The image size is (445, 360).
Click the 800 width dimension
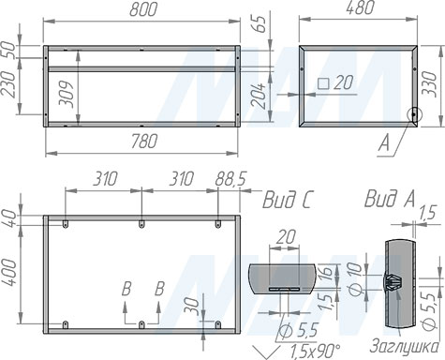tap(142, 9)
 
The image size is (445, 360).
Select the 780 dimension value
tap(143, 141)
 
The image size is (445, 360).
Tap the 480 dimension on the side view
tap(360, 7)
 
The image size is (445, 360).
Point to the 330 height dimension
tap(430, 84)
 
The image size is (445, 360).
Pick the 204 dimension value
tap(259, 96)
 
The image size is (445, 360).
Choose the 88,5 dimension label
tap(230, 179)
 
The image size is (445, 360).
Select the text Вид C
tap(287, 200)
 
